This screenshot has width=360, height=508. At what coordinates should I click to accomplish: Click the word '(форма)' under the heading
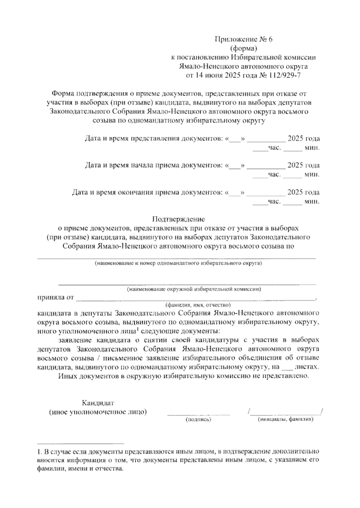tap(244, 48)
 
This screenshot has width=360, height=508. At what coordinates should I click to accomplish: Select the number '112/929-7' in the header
tap(285, 75)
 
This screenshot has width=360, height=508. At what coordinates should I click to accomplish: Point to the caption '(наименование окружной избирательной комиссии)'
tap(193, 289)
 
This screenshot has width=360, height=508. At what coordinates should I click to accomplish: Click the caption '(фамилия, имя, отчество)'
tap(198, 305)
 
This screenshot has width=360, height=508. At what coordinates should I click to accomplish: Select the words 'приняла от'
tap(55, 298)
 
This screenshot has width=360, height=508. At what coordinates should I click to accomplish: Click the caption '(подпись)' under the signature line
tap(199, 420)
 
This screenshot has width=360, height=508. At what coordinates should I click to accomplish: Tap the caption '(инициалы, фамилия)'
tap(286, 420)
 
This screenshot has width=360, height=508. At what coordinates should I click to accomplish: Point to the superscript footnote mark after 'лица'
tap(137, 330)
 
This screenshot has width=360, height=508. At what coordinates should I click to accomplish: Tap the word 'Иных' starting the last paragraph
tap(67, 376)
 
